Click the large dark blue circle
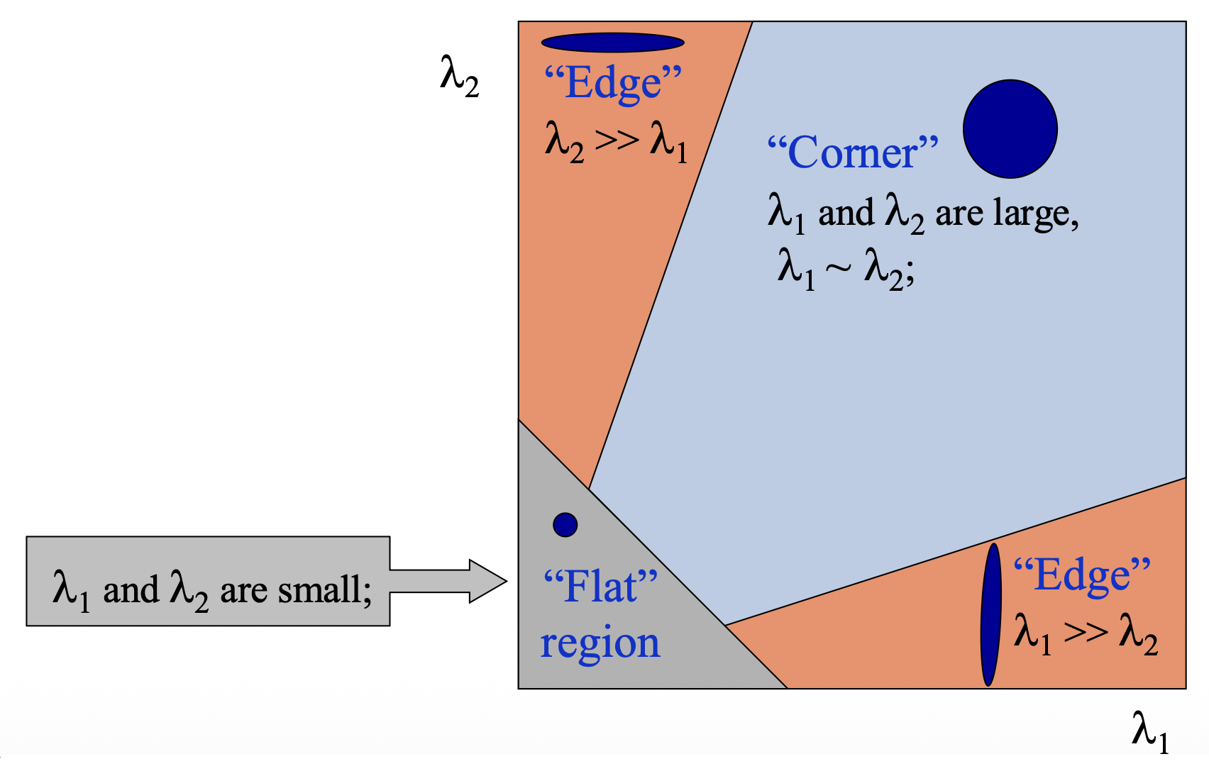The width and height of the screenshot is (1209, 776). (1010, 128)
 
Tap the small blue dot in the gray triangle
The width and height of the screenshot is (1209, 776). (565, 525)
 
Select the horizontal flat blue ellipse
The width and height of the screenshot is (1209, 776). (612, 43)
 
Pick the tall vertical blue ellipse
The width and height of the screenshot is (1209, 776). (990, 614)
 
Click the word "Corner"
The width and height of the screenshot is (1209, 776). (853, 153)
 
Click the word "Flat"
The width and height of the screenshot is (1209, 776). (600, 587)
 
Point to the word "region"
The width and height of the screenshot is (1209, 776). (600, 643)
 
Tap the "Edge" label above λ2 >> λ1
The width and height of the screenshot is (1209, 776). (613, 83)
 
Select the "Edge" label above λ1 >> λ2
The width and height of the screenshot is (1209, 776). (1081, 575)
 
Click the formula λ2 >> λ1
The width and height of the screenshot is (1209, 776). (616, 141)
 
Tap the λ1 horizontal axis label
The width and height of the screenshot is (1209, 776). (1149, 731)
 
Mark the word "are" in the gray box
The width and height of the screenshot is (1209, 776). (244, 591)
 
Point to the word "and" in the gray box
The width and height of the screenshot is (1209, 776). (131, 590)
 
